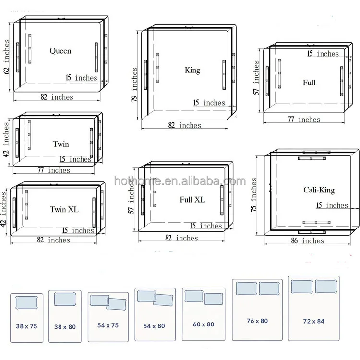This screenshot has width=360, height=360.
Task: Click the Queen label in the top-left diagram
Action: (60, 51)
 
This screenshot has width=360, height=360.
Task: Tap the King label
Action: (192, 70)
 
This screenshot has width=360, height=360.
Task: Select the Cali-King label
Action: (319, 190)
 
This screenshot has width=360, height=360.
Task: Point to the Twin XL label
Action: (64, 209)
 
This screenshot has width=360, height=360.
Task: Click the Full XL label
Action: (192, 200)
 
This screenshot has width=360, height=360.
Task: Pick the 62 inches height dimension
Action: (6, 57)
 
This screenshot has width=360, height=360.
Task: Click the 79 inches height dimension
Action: (134, 84)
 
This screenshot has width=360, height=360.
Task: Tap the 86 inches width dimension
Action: (307, 240)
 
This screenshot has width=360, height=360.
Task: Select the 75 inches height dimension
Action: (253, 195)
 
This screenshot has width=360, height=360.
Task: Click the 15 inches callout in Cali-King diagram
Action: (332, 205)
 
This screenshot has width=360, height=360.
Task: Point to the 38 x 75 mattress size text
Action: (26, 326)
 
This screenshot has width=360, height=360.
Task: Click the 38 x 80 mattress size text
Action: (65, 327)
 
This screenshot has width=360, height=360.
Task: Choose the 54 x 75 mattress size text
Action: (108, 325)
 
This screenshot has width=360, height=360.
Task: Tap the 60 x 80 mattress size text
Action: (204, 324)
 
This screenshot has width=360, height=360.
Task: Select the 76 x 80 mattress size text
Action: (257, 321)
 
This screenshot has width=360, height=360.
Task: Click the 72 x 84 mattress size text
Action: (313, 321)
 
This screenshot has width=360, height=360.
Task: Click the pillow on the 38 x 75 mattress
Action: (26, 302)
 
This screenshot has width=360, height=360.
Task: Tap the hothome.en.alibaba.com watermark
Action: (180, 181)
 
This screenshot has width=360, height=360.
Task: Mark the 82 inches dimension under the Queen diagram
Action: (57, 97)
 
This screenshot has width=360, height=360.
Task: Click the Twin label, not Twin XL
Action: (61, 144)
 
